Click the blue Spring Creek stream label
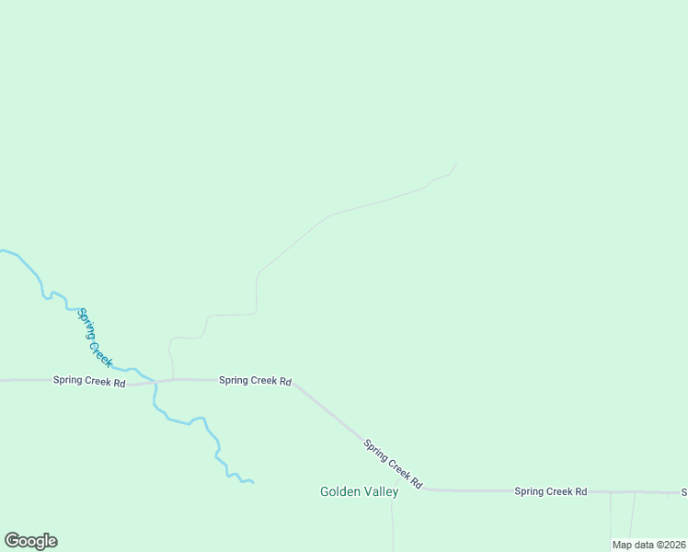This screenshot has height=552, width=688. [95, 338]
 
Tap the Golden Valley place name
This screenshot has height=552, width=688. [359, 491]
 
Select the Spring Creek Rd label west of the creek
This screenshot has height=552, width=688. [88, 381]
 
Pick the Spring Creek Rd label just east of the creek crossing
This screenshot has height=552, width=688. [255, 380]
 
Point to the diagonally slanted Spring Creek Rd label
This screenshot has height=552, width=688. [393, 463]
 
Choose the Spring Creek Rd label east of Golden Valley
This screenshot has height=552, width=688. [550, 491]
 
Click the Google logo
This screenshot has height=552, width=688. [30, 541]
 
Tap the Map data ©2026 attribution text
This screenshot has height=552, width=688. [648, 545]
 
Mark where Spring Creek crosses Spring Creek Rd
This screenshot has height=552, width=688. [155, 381]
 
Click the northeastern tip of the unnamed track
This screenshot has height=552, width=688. [456, 164]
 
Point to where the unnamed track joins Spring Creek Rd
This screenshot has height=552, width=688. [173, 379]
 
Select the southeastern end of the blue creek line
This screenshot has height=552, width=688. [252, 482]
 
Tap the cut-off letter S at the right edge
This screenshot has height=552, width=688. [683, 492]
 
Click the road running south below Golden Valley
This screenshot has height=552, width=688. [393, 524]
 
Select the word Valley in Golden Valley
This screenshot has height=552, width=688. [382, 491]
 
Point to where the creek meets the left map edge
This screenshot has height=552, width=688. [2, 250]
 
